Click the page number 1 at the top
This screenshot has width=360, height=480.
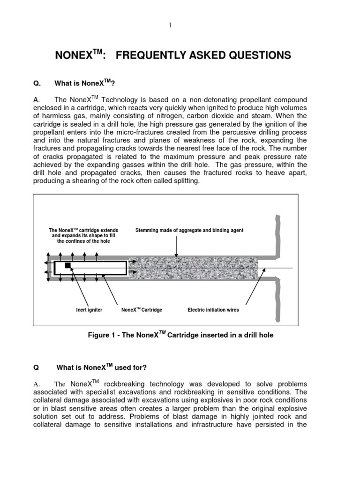point(171,25)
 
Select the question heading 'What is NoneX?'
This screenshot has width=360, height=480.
point(85,83)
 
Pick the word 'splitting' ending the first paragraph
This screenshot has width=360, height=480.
point(186,181)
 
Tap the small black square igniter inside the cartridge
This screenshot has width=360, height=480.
point(67,265)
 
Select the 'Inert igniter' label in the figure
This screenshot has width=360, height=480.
point(89,310)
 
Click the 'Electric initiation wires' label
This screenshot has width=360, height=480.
point(213,310)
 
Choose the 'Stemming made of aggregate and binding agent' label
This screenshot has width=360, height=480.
point(189,231)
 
